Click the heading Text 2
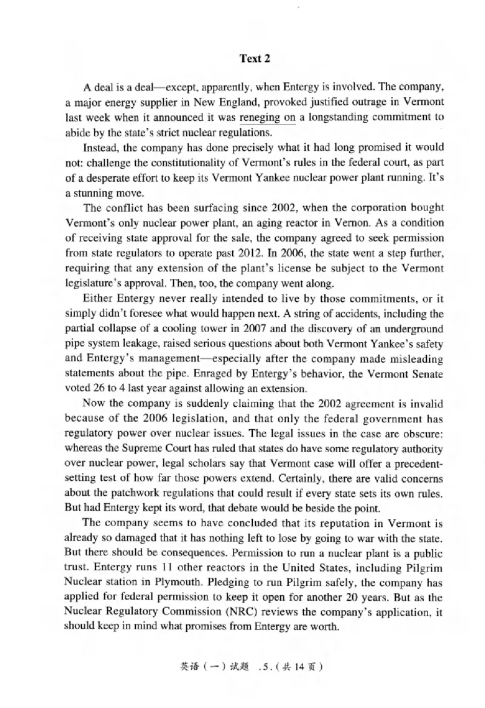pyautogui.click(x=254, y=59)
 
